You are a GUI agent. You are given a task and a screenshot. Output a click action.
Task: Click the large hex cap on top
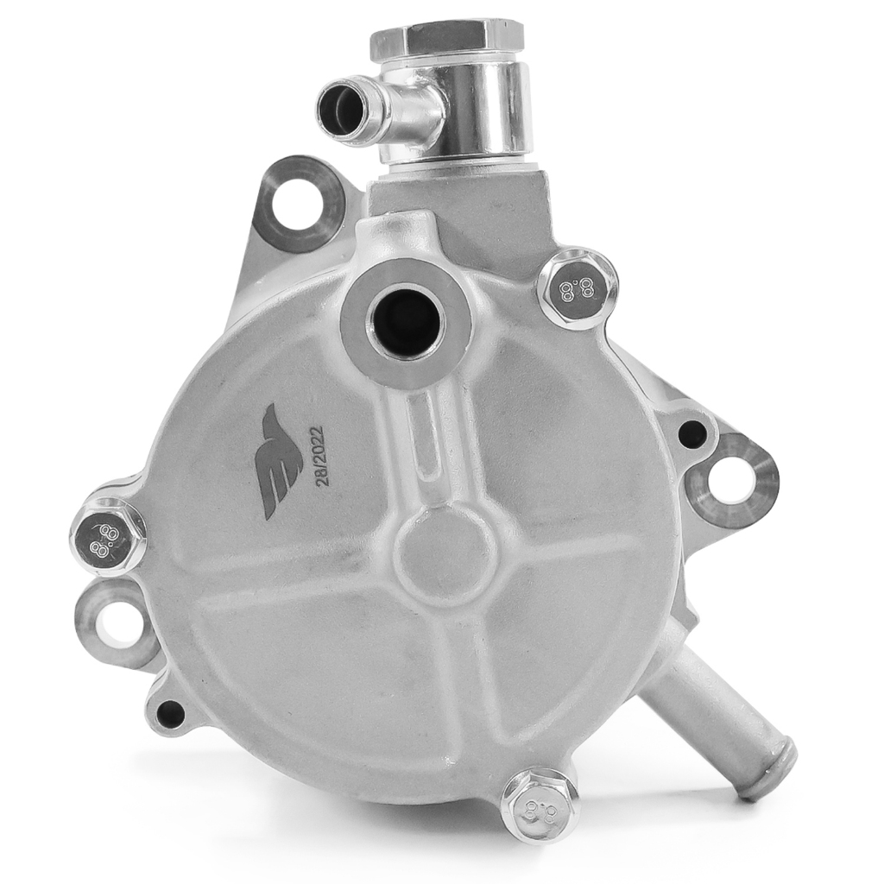point(447,42)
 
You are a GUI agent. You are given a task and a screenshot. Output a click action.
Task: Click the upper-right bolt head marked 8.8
point(576,288)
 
